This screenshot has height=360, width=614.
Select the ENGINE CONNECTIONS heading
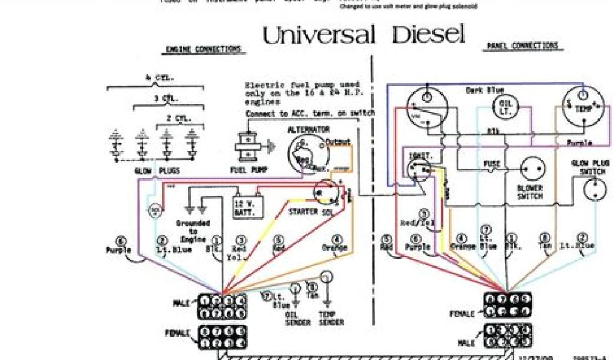click(x=204, y=49)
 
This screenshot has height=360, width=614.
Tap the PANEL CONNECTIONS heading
click(x=522, y=46)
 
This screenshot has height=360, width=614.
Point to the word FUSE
click(x=492, y=163)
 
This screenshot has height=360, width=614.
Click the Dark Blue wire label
click(x=484, y=91)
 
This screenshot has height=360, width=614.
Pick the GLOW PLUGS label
click(x=161, y=171)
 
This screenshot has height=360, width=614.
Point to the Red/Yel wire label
click(x=417, y=223)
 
